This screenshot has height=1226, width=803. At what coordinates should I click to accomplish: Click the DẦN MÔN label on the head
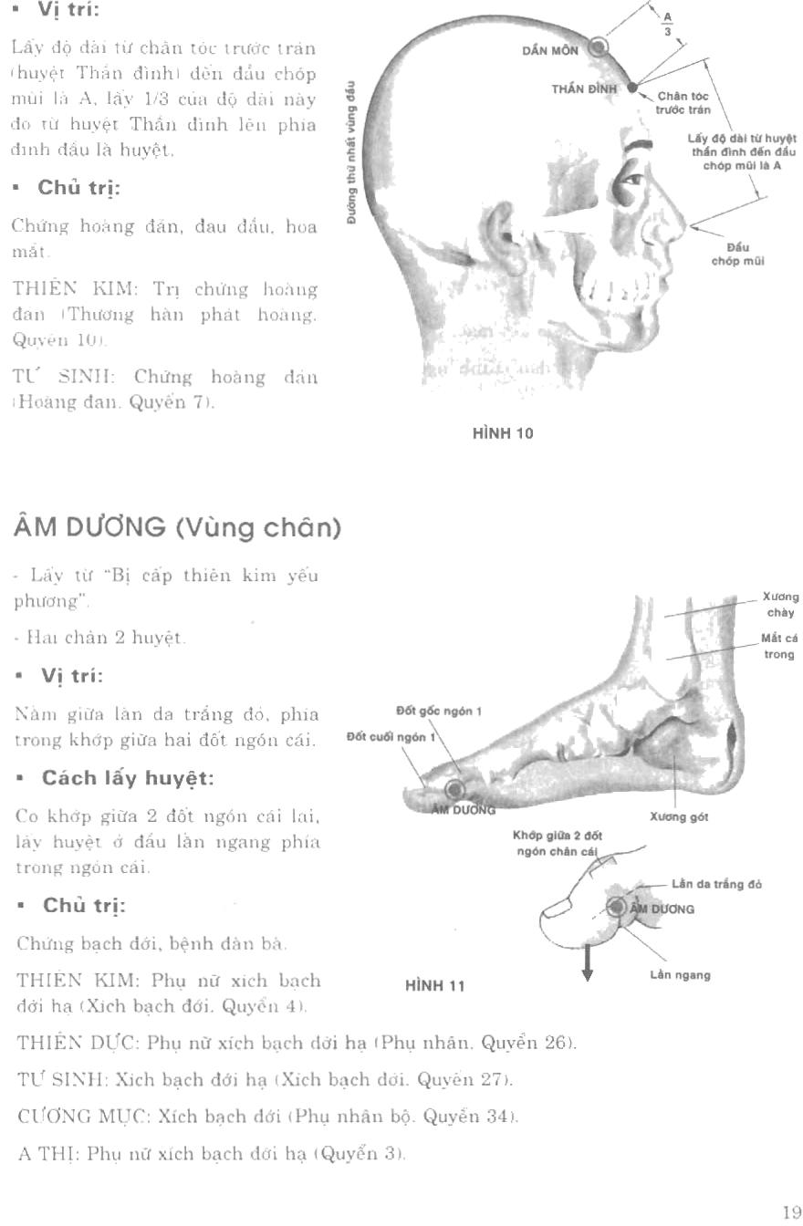pyautogui.click(x=549, y=51)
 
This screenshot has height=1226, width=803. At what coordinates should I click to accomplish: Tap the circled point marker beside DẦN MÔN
pyautogui.click(x=599, y=47)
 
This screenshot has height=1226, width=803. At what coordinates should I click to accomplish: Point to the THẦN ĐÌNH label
pyautogui.click(x=585, y=88)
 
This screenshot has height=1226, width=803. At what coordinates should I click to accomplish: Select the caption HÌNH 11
pyautogui.click(x=435, y=985)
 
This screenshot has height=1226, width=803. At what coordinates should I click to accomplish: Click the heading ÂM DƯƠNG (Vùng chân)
pyautogui.click(x=176, y=527)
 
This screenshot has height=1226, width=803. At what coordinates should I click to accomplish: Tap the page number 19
pyautogui.click(x=791, y=1211)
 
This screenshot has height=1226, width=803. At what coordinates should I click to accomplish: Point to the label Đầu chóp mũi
pyautogui.click(x=737, y=255)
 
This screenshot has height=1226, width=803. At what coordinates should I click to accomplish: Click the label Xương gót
pyautogui.click(x=679, y=817)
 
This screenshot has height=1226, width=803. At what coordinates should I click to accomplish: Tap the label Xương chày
pyautogui.click(x=780, y=605)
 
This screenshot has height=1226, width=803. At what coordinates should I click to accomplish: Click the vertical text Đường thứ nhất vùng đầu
pyautogui.click(x=350, y=153)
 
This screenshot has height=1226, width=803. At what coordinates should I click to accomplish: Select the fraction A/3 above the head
pyautogui.click(x=666, y=23)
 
